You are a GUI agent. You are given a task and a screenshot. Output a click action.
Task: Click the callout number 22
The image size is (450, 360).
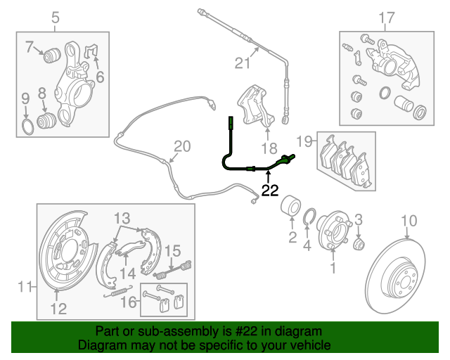coord(270,190)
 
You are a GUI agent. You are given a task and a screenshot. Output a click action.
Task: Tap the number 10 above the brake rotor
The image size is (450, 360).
coord(409,224)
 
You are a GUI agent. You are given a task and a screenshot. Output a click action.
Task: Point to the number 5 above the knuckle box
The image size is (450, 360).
coord(57,17)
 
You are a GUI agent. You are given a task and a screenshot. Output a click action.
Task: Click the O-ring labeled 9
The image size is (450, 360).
coord(25,127)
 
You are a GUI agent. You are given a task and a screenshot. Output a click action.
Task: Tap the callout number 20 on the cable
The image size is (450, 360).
coord(182,147)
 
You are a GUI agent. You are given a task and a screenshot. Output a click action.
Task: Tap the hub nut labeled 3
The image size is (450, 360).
coord(358,243)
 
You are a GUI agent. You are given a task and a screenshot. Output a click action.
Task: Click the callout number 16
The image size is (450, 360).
coord(127,302)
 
